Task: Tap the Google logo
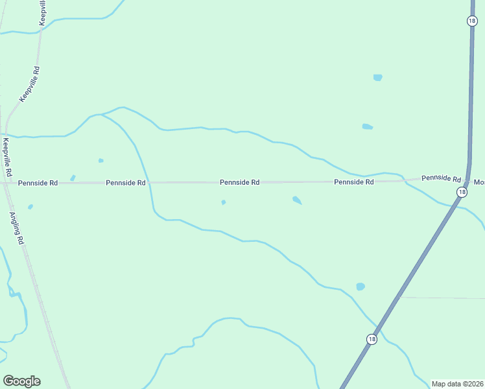point(21,381)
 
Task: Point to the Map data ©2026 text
point(458,384)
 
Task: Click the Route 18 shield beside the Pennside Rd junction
point(461,192)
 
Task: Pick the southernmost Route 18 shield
point(371,339)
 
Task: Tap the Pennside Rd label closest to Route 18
point(441,178)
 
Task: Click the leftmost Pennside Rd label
point(38,183)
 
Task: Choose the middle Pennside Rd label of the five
point(239,183)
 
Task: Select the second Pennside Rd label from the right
point(354,182)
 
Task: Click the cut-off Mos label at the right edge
point(479,182)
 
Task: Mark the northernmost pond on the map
point(377,78)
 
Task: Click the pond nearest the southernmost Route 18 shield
point(361,287)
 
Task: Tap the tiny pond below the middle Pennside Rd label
point(224,202)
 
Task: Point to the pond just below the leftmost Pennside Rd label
point(30,207)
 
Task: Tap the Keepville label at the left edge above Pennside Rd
point(6,158)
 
